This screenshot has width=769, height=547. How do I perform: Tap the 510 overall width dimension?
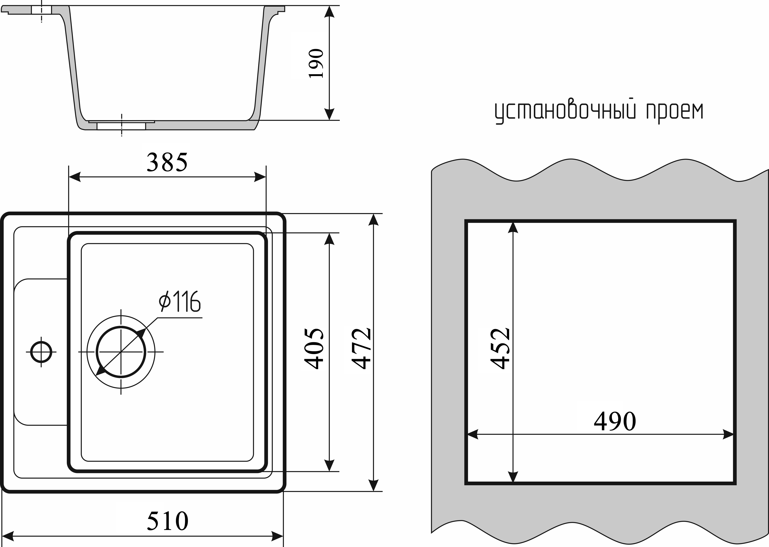(x=167, y=521)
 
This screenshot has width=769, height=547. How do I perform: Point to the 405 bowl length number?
(x=314, y=349)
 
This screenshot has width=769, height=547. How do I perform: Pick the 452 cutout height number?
(x=500, y=349)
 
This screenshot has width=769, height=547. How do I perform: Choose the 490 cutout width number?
(x=615, y=422)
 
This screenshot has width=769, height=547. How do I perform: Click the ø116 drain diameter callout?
(x=180, y=302)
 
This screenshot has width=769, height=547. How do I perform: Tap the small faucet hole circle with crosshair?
(x=41, y=352)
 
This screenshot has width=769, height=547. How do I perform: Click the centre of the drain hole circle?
(x=121, y=352)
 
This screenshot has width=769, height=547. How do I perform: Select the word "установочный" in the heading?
(x=565, y=112)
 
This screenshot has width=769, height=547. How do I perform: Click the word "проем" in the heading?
(x=675, y=112)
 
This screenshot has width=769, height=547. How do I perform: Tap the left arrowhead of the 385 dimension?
(x=75, y=177)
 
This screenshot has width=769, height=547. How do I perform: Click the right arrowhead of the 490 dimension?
(x=728, y=434)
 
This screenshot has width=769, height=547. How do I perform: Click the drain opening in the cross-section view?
(x=121, y=126)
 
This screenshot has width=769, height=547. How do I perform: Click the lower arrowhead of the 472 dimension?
(x=373, y=485)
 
